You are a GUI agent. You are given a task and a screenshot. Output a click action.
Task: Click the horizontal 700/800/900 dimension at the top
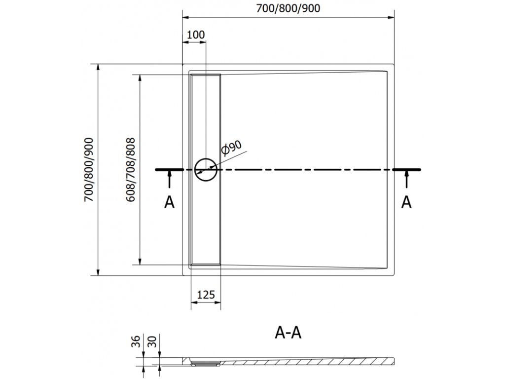tap(289, 8)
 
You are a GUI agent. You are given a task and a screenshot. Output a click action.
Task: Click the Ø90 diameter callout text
tap(231, 149)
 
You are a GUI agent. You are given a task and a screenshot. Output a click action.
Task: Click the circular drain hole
tap(206, 170)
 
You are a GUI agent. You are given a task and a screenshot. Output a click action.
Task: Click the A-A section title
tap(288, 334)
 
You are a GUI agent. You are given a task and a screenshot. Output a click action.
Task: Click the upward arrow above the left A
tap(169, 178)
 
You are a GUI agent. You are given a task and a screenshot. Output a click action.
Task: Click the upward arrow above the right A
tap(406, 178)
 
